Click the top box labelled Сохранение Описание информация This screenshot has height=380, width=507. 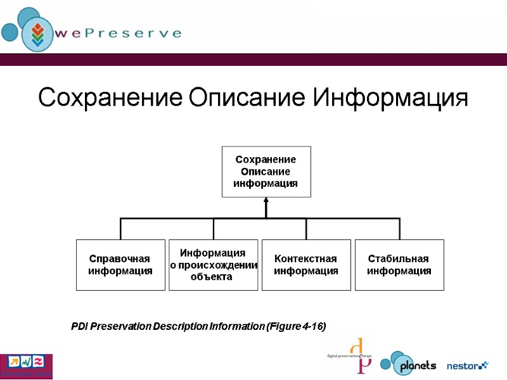tap(266, 171)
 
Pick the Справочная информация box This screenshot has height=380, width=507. tap(120, 265)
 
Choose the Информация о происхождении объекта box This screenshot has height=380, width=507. tap(213, 265)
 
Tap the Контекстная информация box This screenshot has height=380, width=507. tap(306, 265)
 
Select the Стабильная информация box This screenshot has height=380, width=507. tap(399, 265)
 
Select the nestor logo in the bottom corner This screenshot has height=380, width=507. tap(468, 365)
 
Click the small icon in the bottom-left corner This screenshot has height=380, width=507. tap(26, 365)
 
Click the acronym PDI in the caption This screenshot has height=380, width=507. tap(79, 327)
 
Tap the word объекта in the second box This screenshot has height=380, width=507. tap(212, 276)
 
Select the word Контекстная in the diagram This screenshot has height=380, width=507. tap(305, 259)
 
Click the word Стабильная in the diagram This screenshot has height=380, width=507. tap(399, 259)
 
